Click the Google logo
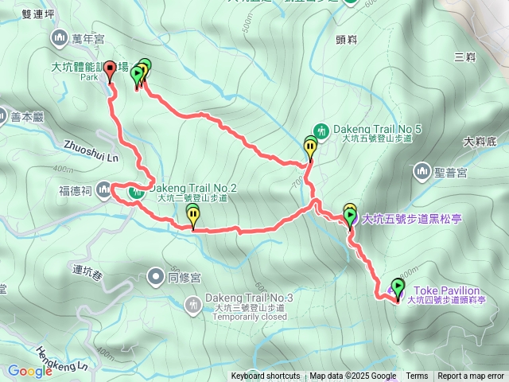29,371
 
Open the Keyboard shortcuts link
266,376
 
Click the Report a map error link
471,376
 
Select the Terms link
417,376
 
